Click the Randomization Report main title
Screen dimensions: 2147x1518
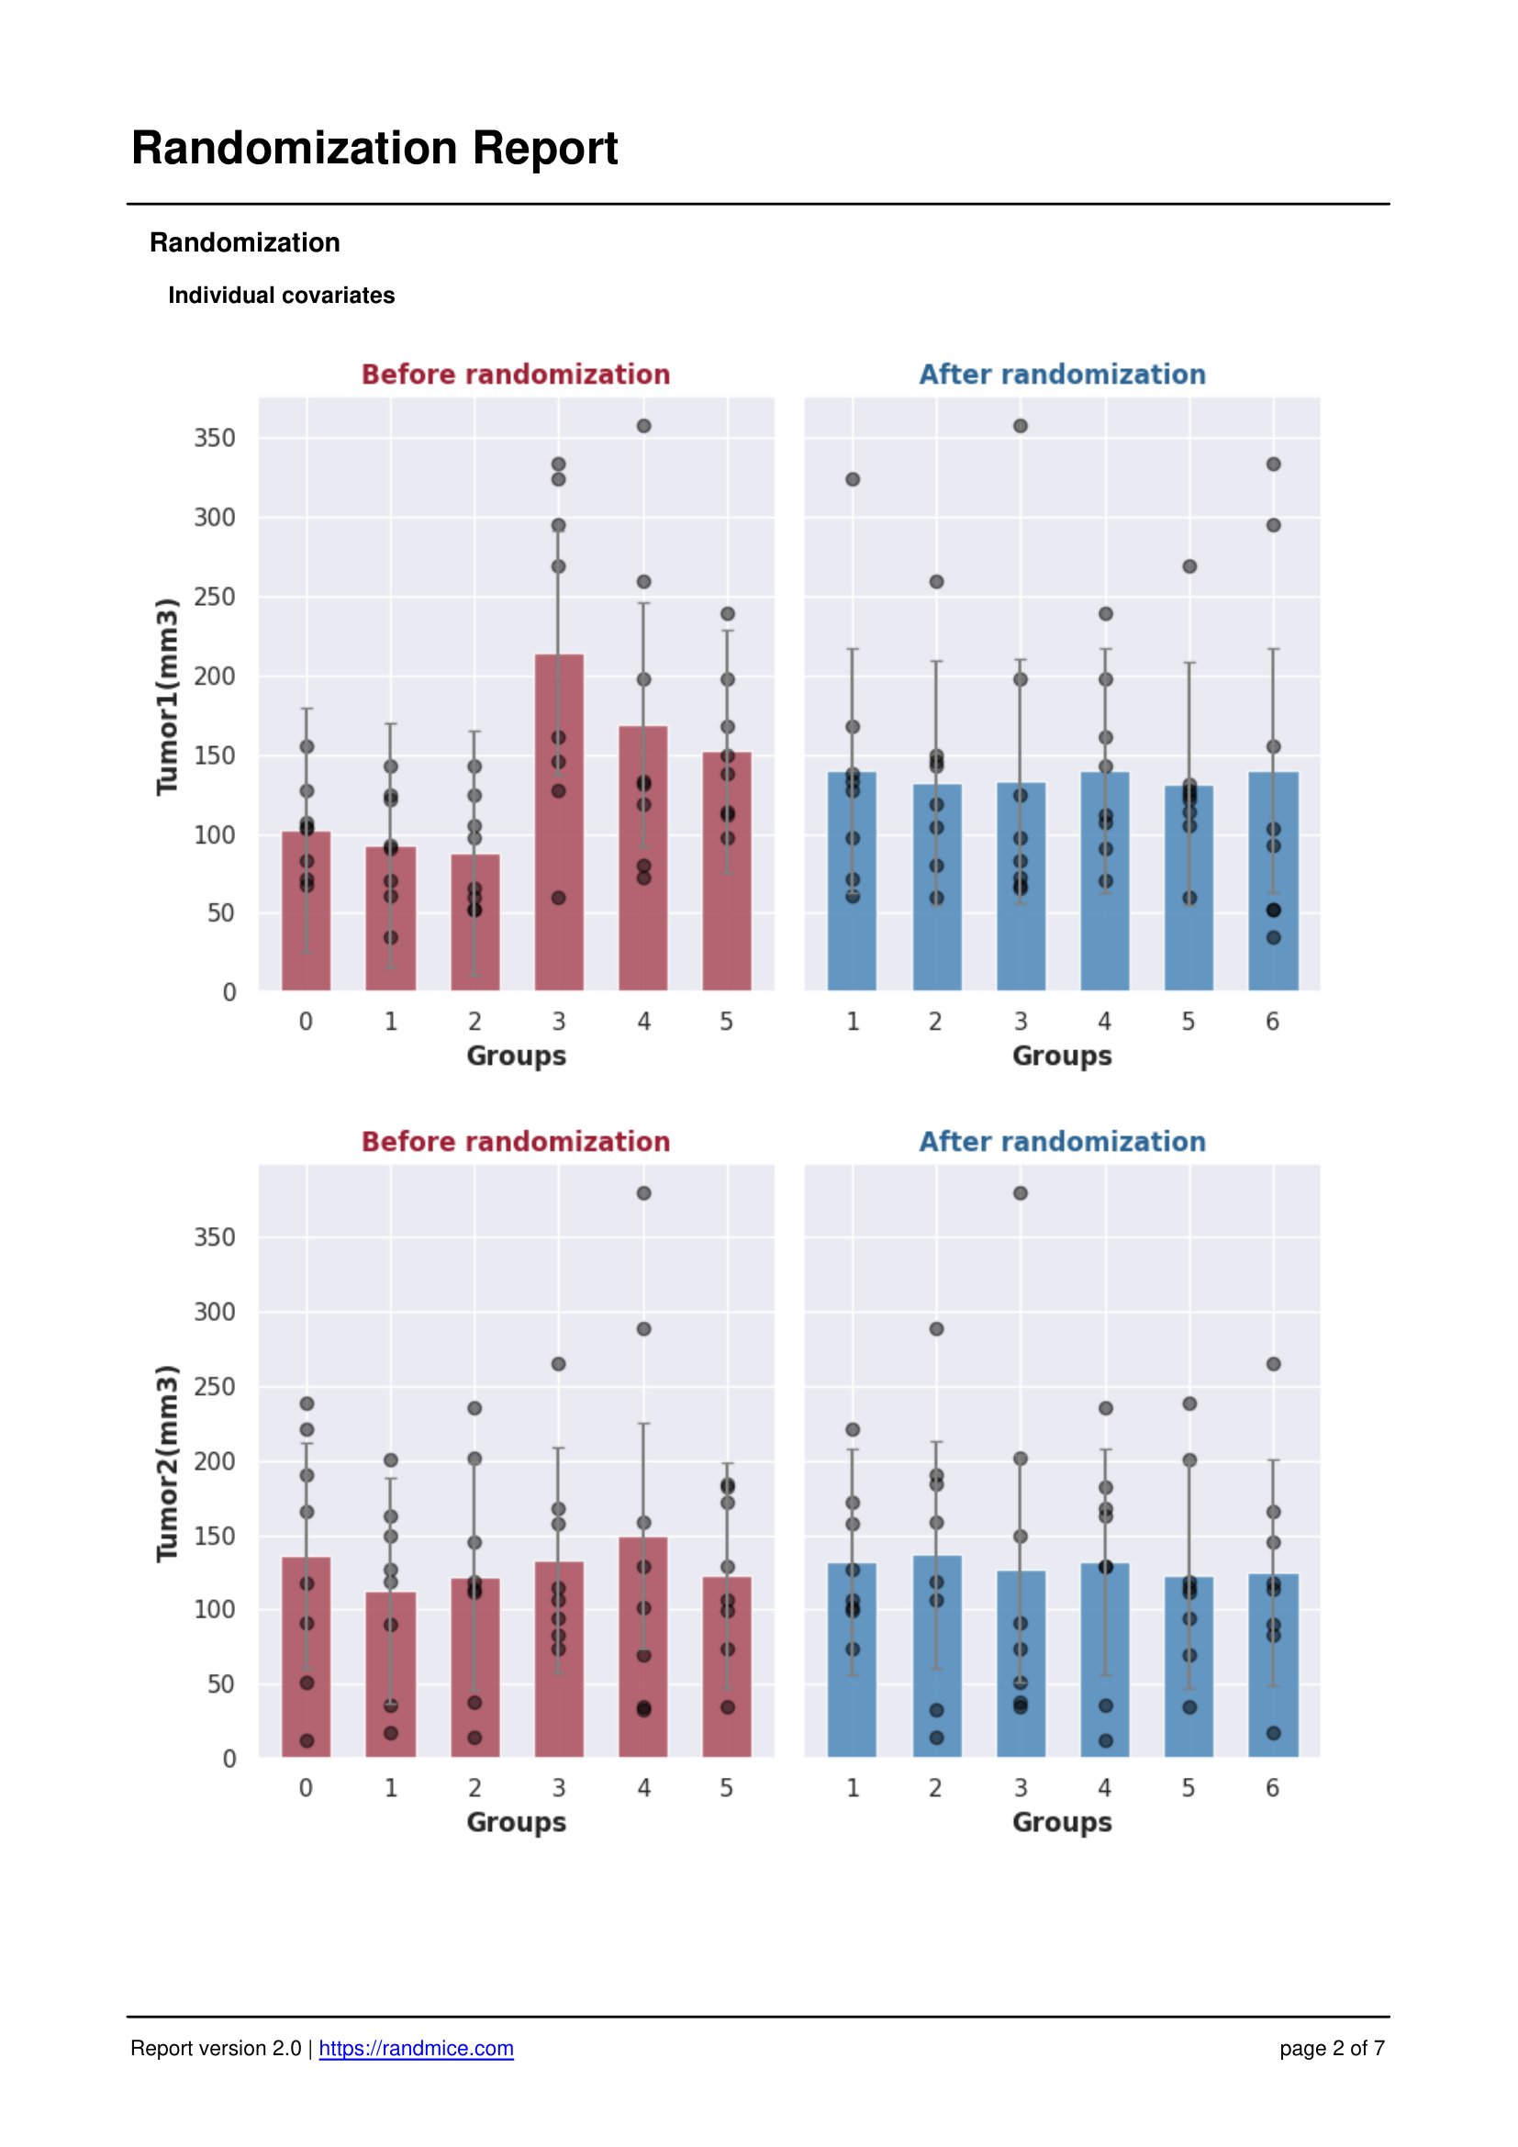374,148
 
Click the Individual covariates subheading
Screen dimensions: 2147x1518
281,296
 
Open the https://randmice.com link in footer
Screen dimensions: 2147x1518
416,2048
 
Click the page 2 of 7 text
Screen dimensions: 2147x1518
1331,2048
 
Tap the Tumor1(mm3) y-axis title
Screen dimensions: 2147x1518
166,697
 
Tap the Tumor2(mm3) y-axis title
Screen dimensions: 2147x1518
166,1463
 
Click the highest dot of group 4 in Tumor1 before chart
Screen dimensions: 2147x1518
644,427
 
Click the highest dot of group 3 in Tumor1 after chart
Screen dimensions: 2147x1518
1021,427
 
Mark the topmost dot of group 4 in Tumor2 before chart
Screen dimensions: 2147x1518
644,1193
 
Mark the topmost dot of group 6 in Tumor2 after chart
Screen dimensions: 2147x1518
1273,1364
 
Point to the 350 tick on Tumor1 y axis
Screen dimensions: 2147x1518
214,438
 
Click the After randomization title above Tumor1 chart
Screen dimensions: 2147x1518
1062,374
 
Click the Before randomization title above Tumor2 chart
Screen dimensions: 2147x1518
516,1142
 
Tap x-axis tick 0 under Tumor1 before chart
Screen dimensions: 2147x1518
306,1021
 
